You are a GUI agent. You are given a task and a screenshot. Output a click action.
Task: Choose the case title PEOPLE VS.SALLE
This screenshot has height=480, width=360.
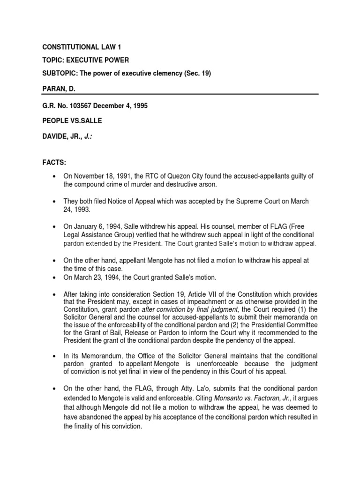coord(72,121)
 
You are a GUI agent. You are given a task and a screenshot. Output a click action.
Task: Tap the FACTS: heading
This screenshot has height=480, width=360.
coord(54,162)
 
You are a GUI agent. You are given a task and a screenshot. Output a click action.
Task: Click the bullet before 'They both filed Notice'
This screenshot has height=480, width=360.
coord(55,201)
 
